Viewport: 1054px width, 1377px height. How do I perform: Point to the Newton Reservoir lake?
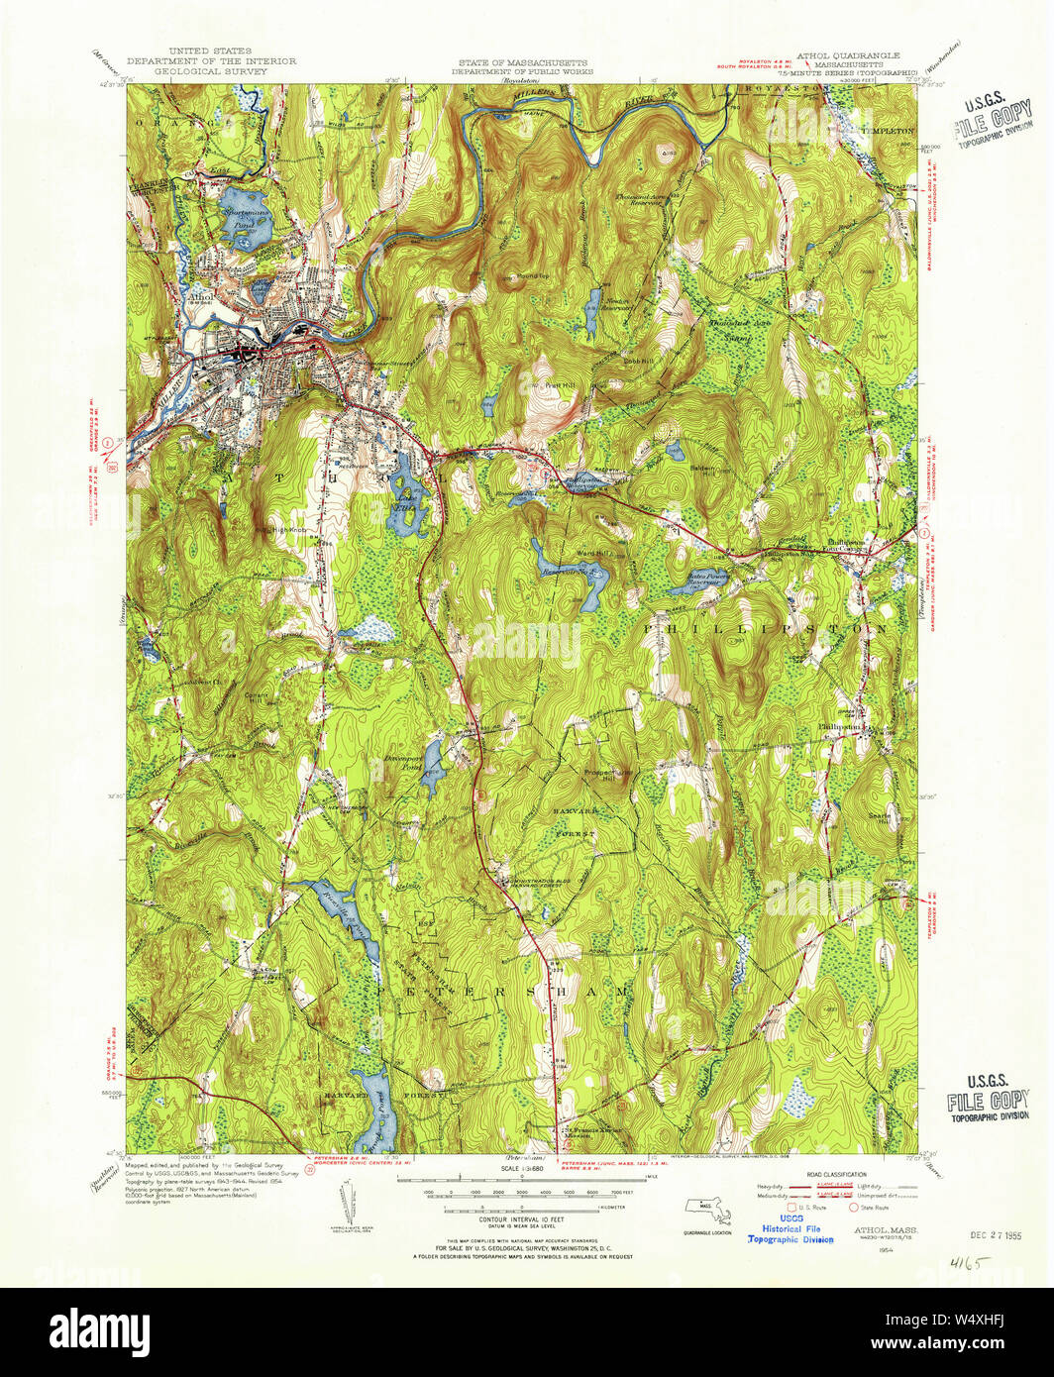coord(592,299)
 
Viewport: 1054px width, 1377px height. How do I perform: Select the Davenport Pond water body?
coord(432,777)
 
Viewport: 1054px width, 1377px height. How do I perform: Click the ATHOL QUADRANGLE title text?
coord(848,55)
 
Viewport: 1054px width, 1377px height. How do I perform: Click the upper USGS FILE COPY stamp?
coord(991,119)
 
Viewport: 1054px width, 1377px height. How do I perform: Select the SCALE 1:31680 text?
coord(524,1169)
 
